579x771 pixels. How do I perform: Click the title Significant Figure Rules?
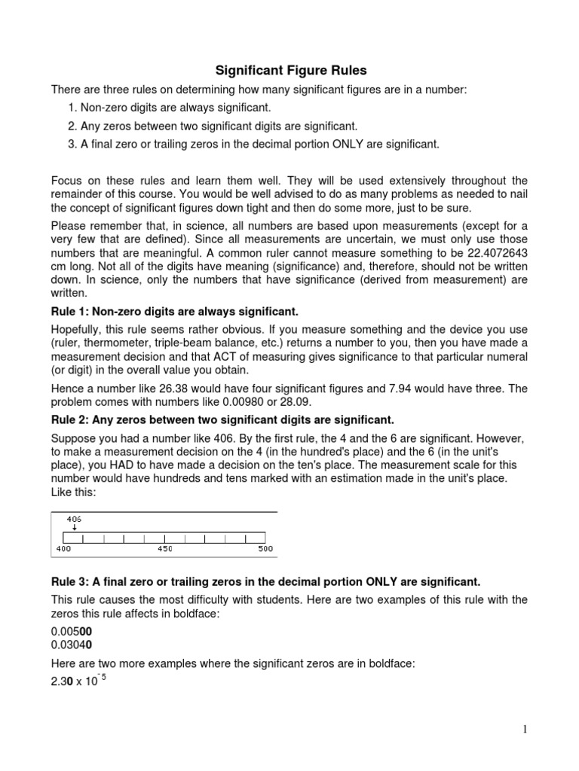(x=291, y=71)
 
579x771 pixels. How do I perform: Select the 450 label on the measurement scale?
(x=165, y=549)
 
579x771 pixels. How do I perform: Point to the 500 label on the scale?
(x=265, y=549)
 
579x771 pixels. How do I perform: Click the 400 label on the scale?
(x=63, y=549)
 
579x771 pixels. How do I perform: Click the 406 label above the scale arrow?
(x=74, y=519)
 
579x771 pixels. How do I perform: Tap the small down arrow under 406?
(x=74, y=528)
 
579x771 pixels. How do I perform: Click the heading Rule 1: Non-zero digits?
(x=175, y=312)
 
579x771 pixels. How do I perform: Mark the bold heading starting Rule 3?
(x=265, y=582)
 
